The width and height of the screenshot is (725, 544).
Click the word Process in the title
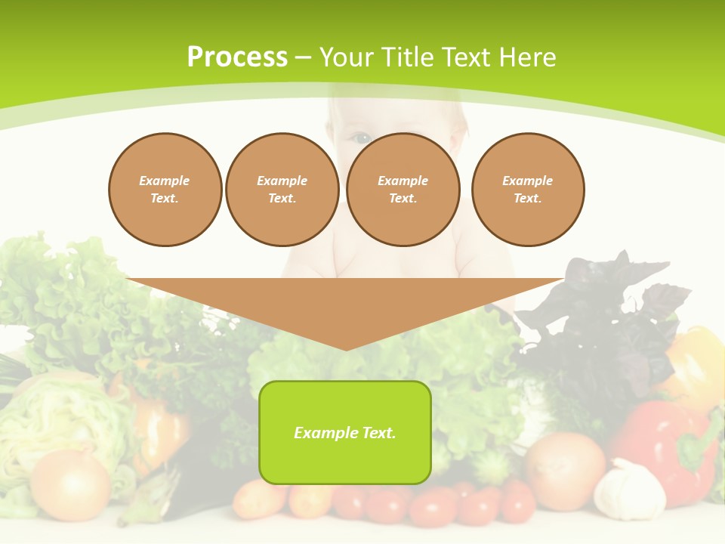pos(237,57)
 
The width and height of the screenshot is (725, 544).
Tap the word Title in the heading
pos(405,57)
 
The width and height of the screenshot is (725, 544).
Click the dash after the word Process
pos(303,58)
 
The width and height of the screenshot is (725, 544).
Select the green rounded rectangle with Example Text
pos(345,432)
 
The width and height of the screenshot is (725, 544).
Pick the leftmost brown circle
pos(165,190)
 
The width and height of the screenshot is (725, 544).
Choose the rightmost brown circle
pos(527,190)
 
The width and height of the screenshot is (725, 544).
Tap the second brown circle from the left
pos(282,190)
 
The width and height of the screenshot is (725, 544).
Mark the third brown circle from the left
pos(403,190)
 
